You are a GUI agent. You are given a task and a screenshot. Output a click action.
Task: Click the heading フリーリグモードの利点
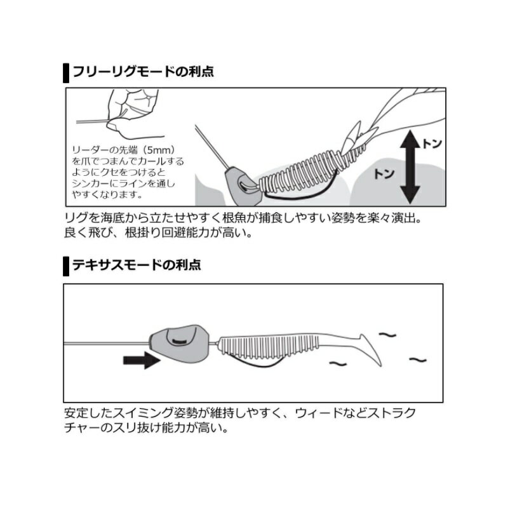(143, 71)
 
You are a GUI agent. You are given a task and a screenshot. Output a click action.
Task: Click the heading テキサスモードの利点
(137, 265)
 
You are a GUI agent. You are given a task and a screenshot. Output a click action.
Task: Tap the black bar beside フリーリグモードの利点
(65, 72)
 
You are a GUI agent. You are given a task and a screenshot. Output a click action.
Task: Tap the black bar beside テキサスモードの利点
(65, 265)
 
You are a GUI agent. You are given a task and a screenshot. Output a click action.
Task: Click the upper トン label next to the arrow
(432, 144)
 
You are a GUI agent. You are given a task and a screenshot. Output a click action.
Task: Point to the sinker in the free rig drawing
(239, 182)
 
